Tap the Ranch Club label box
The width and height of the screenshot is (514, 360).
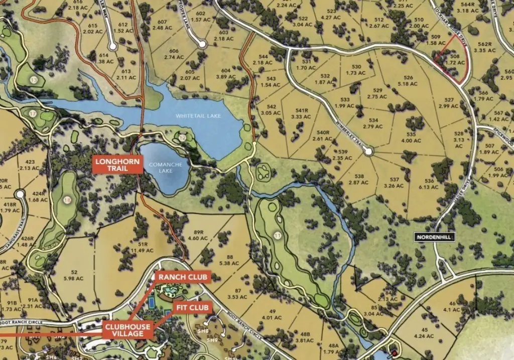[183, 277]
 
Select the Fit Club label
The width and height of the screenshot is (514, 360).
[192, 307]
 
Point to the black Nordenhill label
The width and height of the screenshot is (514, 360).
[435, 237]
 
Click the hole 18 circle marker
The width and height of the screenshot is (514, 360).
[68, 200]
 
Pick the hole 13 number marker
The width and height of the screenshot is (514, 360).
[34, 80]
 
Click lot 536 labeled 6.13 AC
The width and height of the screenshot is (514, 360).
[429, 184]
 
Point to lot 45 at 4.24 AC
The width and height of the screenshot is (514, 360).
[428, 333]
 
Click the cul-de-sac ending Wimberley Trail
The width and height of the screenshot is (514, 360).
[368, 151]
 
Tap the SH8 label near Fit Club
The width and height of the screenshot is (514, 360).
[203, 331]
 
